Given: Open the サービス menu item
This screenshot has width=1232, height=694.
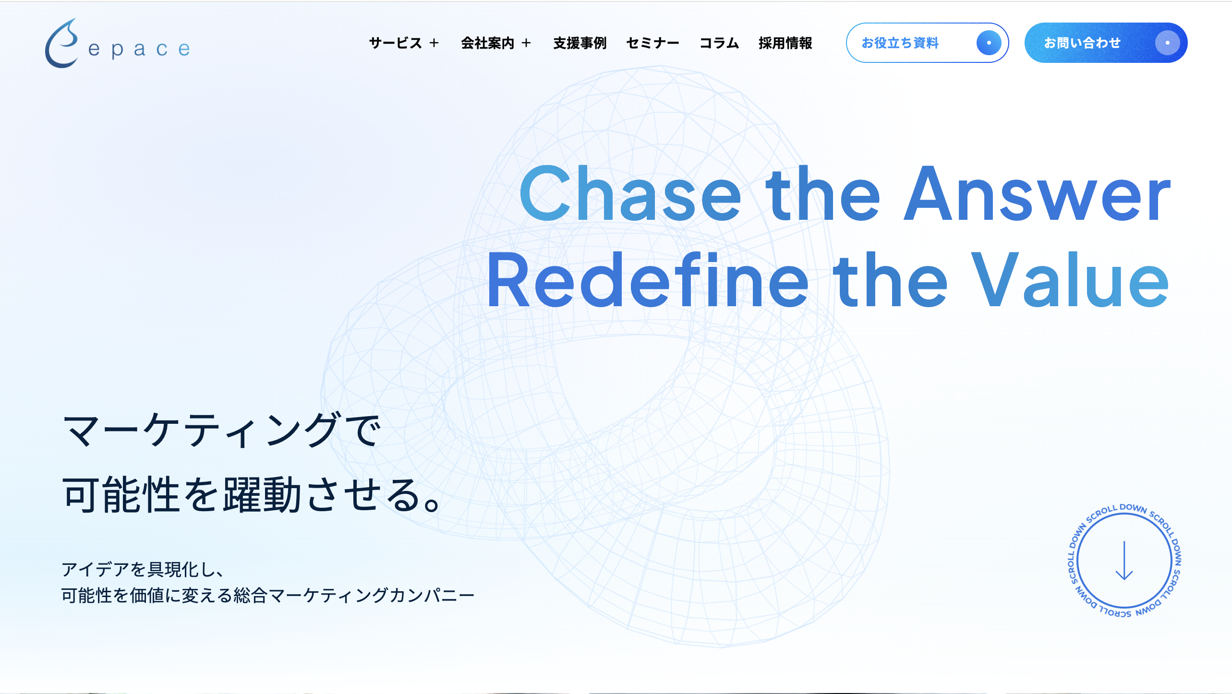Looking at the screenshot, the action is [x=395, y=43].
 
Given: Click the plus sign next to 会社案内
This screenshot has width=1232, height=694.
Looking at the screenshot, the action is [x=527, y=43].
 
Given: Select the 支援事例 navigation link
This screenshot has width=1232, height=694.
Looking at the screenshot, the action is [x=580, y=43].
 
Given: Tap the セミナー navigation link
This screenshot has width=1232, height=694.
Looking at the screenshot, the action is [x=652, y=43].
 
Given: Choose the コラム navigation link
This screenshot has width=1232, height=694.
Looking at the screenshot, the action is [x=719, y=43].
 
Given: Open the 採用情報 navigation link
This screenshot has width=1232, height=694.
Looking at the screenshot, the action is [x=785, y=43].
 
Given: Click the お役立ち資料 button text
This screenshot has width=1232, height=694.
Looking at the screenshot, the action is [x=900, y=43].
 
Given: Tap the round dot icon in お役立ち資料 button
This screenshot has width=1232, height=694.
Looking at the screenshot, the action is [x=989, y=43].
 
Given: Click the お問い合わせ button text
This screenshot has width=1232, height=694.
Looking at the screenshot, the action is [x=1082, y=43].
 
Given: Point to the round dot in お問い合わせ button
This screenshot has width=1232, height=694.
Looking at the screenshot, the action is [x=1167, y=43].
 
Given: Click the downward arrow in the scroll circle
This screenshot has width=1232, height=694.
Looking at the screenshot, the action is [x=1124, y=561].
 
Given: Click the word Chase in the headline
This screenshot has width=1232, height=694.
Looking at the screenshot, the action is [x=630, y=194].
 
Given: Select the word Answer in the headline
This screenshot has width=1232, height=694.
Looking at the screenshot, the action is [x=1037, y=194].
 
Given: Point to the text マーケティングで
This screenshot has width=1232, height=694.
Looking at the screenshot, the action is [x=221, y=431].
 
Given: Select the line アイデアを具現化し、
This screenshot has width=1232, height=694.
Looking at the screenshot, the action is [x=143, y=570].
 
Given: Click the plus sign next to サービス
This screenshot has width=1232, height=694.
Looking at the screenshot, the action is [x=435, y=43].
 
